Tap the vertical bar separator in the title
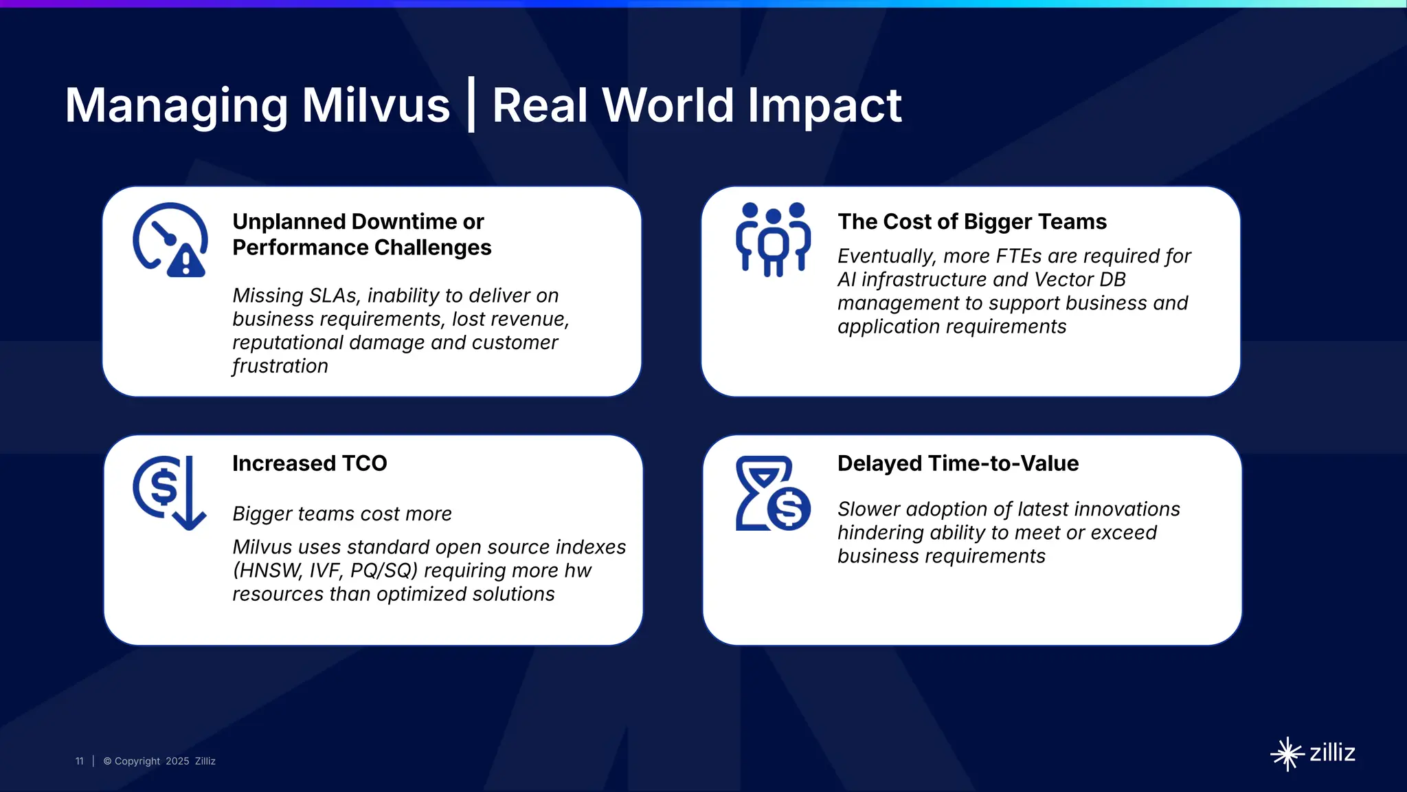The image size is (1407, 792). (x=471, y=105)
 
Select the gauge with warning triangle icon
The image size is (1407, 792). (x=170, y=239)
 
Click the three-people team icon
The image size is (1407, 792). (x=773, y=239)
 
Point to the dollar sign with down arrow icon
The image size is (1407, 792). (x=169, y=492)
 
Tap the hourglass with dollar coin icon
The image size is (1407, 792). (x=773, y=493)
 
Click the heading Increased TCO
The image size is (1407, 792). (x=309, y=463)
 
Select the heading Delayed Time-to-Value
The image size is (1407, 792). (x=958, y=463)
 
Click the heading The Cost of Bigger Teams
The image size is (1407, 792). (x=971, y=221)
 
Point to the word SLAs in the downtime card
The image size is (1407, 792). (x=334, y=296)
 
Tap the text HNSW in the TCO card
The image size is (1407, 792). (x=269, y=571)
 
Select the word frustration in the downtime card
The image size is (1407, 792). (x=280, y=366)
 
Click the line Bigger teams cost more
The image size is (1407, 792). (x=341, y=514)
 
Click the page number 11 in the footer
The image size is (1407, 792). (x=79, y=761)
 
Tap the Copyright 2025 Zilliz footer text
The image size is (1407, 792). (x=159, y=761)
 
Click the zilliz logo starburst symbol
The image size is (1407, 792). (x=1287, y=754)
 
